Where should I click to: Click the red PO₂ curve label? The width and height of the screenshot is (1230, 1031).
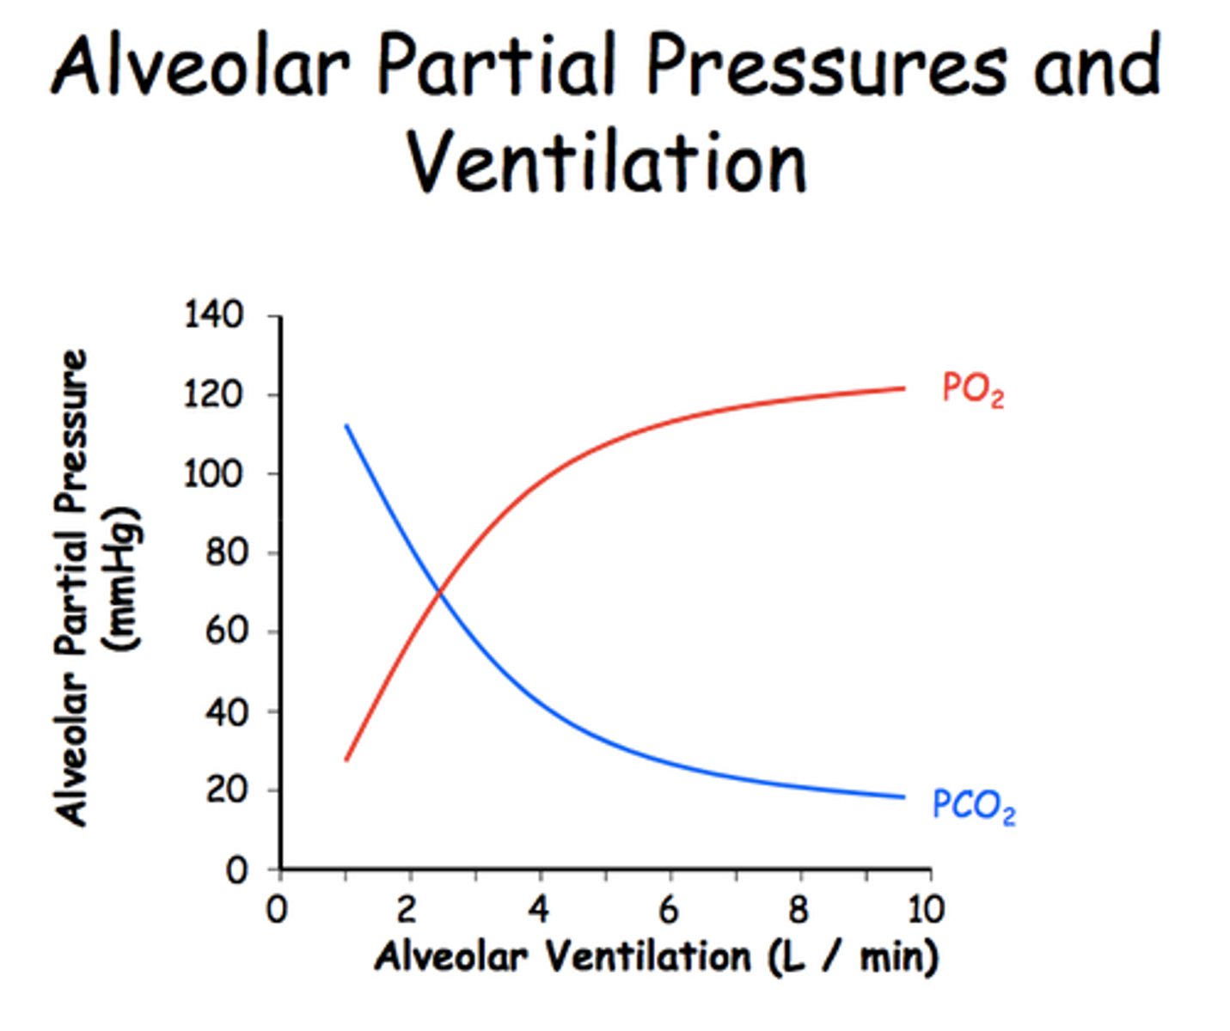[971, 389]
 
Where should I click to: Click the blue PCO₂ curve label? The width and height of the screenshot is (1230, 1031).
[973, 807]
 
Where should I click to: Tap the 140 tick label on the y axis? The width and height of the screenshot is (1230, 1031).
[213, 315]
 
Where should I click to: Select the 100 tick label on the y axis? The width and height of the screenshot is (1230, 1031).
[213, 473]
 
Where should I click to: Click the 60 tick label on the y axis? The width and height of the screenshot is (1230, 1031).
[224, 631]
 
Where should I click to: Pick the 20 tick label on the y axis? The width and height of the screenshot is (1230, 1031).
[224, 790]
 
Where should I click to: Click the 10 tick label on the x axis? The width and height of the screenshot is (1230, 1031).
[926, 909]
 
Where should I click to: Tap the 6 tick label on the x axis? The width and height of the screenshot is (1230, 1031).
[669, 909]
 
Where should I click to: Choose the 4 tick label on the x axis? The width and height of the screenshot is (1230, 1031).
[539, 909]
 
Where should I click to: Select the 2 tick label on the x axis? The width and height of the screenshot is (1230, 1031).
[407, 909]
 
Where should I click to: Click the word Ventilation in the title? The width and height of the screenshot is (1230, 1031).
[607, 163]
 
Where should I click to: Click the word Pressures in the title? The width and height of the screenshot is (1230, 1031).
[825, 67]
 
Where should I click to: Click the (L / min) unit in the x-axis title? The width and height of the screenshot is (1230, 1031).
[851, 956]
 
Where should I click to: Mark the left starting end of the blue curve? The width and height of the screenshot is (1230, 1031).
[346, 425]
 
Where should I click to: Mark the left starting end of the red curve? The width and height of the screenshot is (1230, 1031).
[346, 759]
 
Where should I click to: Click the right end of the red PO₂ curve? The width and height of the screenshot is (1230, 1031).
[903, 388]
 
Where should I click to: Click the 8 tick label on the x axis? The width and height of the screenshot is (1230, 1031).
[799, 909]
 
